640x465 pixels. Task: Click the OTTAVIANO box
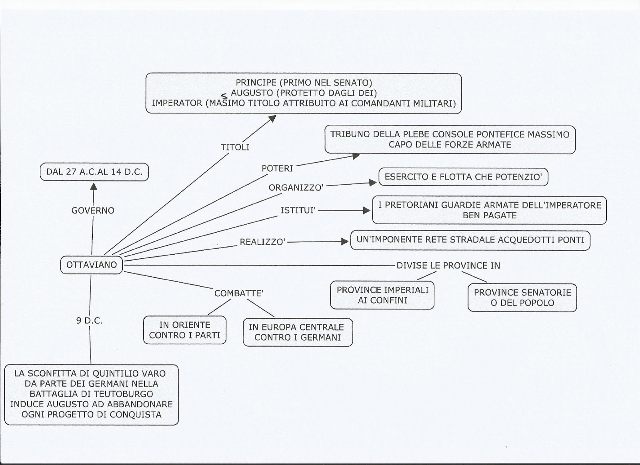pos(92,265)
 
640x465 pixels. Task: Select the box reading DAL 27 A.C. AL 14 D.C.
pos(94,173)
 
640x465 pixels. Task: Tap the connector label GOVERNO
pos(93,210)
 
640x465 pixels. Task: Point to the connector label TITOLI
pos(235,147)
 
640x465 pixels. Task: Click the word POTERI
pos(277,168)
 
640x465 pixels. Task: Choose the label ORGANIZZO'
pos(296,188)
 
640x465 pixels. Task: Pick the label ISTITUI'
pos(298,210)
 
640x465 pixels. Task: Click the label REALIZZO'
pos(262,242)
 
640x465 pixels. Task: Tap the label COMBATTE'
pos(239,293)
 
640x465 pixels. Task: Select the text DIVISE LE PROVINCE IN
pos(448,265)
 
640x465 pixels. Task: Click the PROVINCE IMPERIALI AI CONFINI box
pos(382,295)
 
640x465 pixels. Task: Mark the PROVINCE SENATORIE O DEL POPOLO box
pos(522,297)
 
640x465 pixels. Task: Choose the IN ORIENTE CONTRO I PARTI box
pos(185,330)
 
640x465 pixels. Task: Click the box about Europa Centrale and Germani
pos(298,332)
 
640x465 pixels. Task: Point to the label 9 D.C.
pos(89,321)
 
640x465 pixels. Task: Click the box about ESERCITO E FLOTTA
pos(463,177)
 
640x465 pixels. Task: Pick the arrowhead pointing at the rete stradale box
pos(345,241)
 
